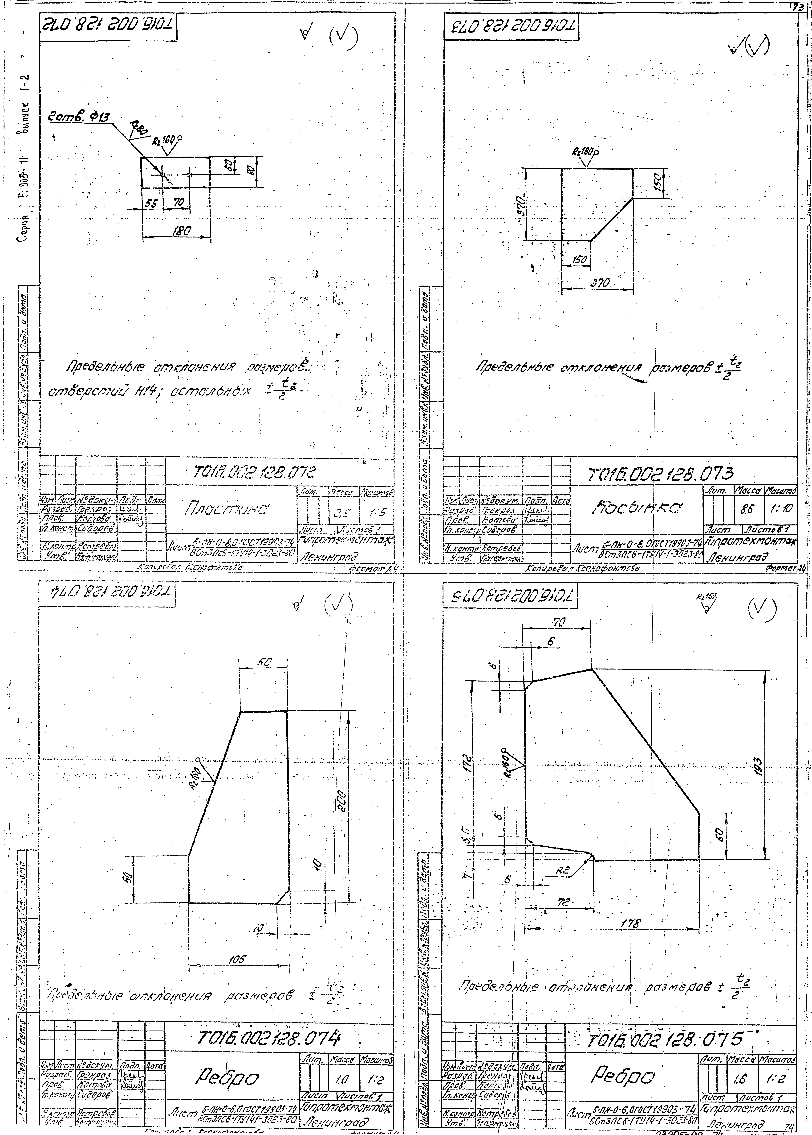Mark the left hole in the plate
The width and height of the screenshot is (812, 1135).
pyautogui.click(x=162, y=175)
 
